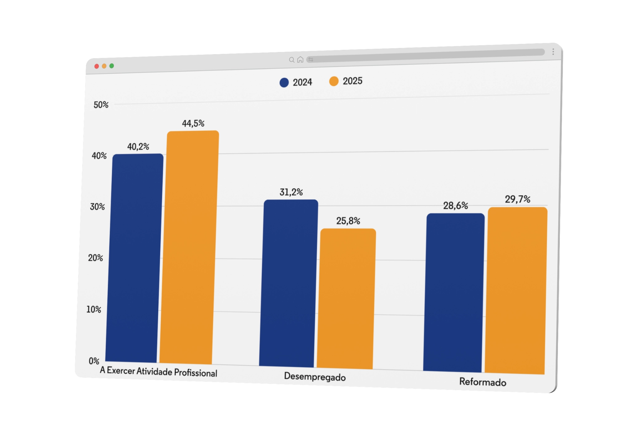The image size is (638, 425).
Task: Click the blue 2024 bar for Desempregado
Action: click(x=288, y=283)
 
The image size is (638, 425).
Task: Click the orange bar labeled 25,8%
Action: click(x=346, y=299)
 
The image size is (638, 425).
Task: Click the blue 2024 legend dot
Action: click(x=284, y=83)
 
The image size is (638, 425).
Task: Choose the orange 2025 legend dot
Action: click(x=334, y=81)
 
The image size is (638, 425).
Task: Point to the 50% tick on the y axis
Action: click(x=101, y=105)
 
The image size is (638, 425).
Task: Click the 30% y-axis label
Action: click(x=97, y=207)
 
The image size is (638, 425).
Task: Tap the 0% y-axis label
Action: click(x=94, y=361)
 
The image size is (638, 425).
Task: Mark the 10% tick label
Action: click(x=94, y=309)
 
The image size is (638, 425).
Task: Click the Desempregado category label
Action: click(x=315, y=377)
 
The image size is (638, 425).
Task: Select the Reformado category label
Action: click(x=483, y=382)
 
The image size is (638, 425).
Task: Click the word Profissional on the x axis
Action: click(x=195, y=373)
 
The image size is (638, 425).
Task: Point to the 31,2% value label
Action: click(x=291, y=192)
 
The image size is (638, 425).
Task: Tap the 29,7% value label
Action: click(x=517, y=199)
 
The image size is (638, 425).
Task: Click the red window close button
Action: click(x=97, y=66)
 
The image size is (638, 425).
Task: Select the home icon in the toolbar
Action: click(x=300, y=59)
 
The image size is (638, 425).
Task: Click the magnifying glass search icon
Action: click(x=292, y=60)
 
